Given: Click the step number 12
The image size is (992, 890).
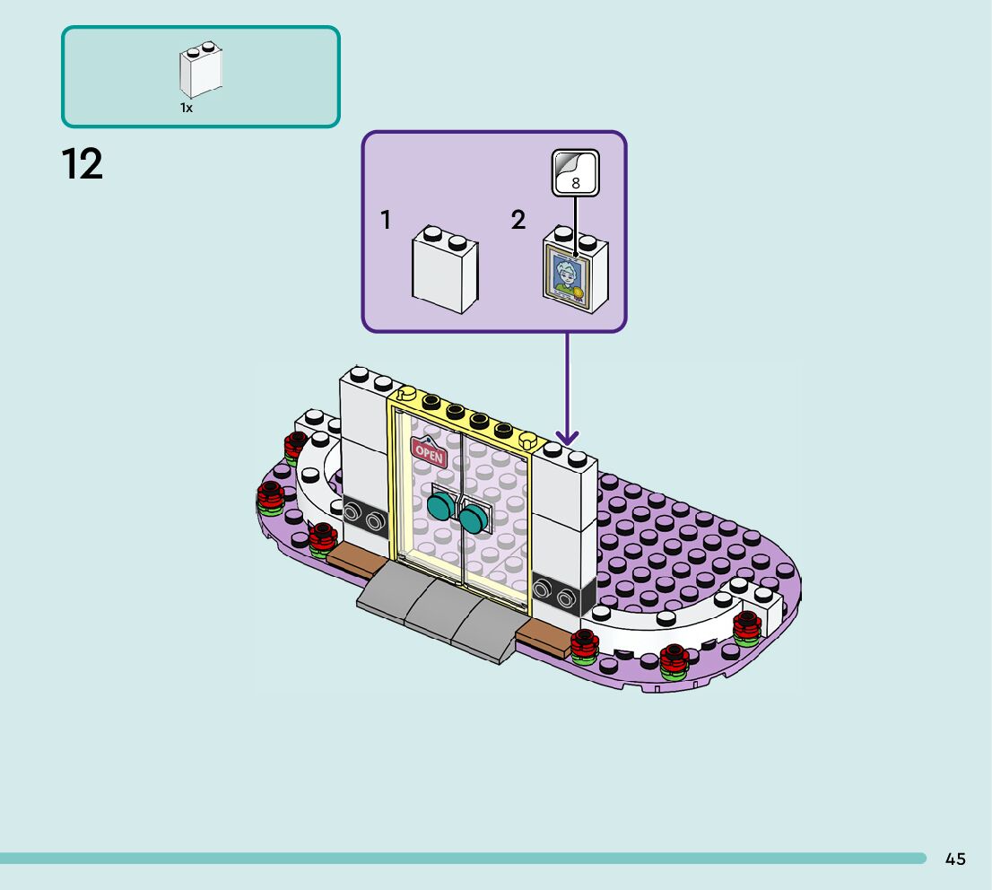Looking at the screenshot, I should tap(83, 165).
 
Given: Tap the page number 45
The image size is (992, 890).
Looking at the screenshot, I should tap(955, 859).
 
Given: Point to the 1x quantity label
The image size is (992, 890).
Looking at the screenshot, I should tap(187, 108).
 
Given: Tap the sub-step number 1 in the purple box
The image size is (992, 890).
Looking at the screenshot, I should tap(386, 220).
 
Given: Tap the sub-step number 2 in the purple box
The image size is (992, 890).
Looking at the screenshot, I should tap(518, 220).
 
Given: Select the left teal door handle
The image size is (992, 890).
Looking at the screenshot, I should tap(441, 506).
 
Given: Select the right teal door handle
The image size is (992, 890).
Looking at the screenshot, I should tap(472, 516).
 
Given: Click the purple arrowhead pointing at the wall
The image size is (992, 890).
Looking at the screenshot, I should tap(566, 437).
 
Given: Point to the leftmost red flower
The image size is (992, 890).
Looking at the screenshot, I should tap(270, 496).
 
